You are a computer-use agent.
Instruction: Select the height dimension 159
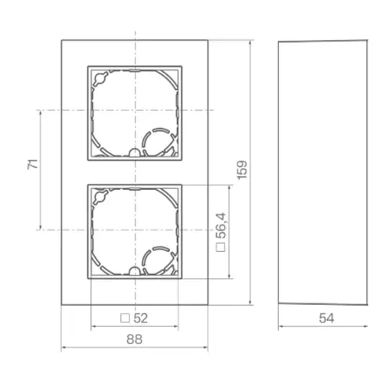click(x=241, y=169)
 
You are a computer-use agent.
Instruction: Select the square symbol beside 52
click(x=126, y=317)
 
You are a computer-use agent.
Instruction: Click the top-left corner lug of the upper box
click(x=98, y=77)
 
